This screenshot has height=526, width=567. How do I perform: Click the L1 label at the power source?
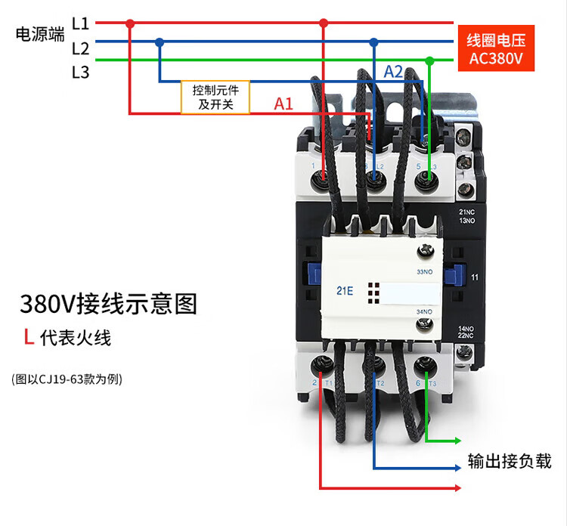point(81,23)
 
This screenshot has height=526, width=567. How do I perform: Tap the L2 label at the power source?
point(81,48)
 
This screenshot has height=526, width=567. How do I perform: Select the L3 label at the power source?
point(81,73)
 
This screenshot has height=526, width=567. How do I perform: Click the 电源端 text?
point(40,35)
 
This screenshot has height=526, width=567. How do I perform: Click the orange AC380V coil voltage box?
point(496,48)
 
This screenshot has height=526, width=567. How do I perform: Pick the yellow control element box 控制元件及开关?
point(215,97)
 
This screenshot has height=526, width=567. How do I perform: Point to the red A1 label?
point(283,104)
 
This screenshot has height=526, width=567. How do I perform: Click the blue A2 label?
point(393,72)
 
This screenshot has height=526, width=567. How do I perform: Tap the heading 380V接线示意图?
point(108,304)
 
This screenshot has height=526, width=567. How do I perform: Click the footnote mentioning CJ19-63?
point(67,379)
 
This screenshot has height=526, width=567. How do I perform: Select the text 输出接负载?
point(510,461)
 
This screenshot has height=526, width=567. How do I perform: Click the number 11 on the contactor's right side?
point(474,277)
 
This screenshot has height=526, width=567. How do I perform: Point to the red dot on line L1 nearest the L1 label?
point(130,23)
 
